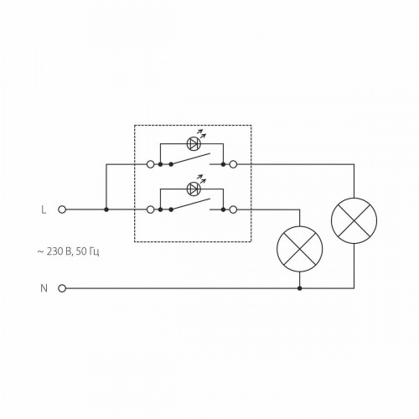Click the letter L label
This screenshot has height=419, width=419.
pos(44,209)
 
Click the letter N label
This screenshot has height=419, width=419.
pos(44,288)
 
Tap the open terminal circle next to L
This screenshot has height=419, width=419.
pos(62,209)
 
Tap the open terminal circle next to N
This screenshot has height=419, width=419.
pos(62,288)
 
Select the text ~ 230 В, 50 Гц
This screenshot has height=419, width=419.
pos(68,251)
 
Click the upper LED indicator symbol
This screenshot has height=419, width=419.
pos(194,143)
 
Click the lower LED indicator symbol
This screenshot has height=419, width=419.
pos(194,189)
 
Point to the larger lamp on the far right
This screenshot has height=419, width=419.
pos(354,220)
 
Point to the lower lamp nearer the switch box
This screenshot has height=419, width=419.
pos(300,249)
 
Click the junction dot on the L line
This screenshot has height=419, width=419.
pos(106,209)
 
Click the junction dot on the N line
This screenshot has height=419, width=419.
pos(300,288)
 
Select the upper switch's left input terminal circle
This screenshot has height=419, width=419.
pos(150,164)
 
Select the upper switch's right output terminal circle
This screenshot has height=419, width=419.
pos(233,164)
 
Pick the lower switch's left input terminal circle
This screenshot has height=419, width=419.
pos(150,209)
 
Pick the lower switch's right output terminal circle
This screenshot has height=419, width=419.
pos(233,209)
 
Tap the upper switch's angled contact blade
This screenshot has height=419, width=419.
pos(190,158)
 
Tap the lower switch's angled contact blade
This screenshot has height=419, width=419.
pos(190,204)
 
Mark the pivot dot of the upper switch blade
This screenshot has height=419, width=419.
pos(171,164)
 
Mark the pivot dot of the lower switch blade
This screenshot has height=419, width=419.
pos(171,209)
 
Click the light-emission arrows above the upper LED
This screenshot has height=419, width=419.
pos(201,134)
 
